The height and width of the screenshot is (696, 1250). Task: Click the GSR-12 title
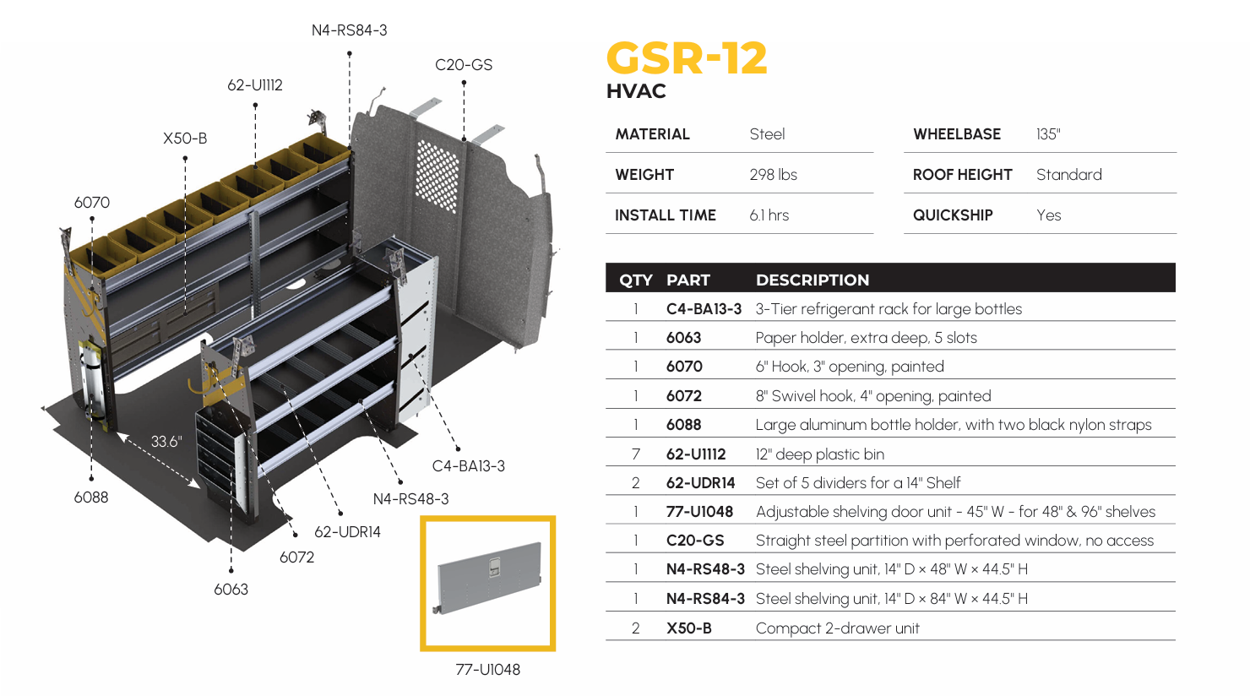687,58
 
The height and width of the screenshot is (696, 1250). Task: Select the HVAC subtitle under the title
636,91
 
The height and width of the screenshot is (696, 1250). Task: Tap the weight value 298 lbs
773,175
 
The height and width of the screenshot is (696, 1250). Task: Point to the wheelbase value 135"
1048,134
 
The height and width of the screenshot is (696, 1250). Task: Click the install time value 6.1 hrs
769,215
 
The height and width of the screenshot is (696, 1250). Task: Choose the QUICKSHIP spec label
953,215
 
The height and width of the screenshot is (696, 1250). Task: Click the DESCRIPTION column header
812,280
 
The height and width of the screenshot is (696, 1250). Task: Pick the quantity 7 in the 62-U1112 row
636,454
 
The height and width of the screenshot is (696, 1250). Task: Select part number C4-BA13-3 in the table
704,308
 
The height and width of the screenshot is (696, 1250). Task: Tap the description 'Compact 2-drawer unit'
837,628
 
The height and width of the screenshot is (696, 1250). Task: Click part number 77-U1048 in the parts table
699,511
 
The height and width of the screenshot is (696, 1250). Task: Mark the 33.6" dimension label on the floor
166,442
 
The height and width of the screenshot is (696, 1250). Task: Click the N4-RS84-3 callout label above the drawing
349,30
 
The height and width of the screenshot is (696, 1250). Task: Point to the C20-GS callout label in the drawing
463,65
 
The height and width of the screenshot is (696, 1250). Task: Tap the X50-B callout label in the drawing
185,138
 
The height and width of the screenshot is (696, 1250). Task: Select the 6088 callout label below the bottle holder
91,497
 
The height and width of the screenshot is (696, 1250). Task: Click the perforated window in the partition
437,176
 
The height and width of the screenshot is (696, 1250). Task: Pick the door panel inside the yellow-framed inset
487,579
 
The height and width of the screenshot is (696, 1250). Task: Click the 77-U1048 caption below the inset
487,669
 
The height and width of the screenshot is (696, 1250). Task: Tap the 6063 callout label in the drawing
231,589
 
